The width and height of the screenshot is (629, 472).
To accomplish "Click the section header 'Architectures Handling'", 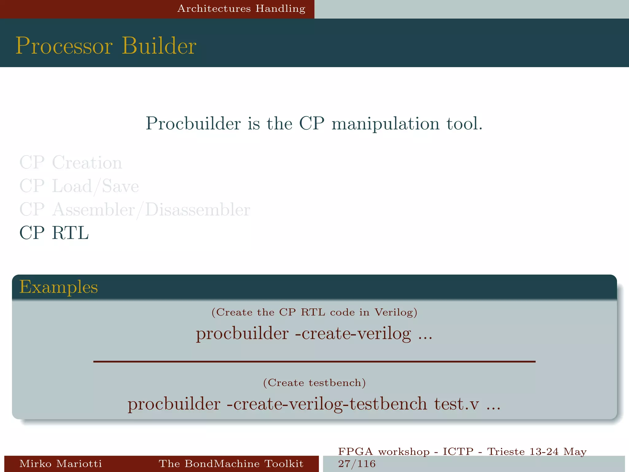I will point(241,9).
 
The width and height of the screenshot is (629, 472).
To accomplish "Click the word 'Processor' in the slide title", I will point(64,46).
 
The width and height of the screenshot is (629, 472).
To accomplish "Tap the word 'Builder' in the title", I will point(159,46).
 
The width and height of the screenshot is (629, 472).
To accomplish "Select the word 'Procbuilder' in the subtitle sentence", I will point(193,124).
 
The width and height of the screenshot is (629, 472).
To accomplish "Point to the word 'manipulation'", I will point(385,124).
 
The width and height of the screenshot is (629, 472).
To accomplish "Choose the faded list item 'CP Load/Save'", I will point(79,186).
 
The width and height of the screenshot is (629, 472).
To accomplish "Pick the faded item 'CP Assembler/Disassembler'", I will point(135,210).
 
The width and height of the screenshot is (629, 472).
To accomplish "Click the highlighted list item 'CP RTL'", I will point(54,233).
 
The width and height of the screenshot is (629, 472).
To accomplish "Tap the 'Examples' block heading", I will point(58,287).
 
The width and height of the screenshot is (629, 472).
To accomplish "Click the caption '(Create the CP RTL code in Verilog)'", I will point(314,312).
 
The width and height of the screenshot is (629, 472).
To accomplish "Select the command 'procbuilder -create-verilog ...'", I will point(314,334).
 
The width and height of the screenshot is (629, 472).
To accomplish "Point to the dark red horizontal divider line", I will point(314,362).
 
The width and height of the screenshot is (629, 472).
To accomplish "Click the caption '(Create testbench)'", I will point(314,383).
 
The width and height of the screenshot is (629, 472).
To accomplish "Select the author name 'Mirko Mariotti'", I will point(61,463).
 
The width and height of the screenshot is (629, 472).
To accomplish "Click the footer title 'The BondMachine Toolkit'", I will point(231,463).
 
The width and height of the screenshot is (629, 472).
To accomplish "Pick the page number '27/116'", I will point(357,464).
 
